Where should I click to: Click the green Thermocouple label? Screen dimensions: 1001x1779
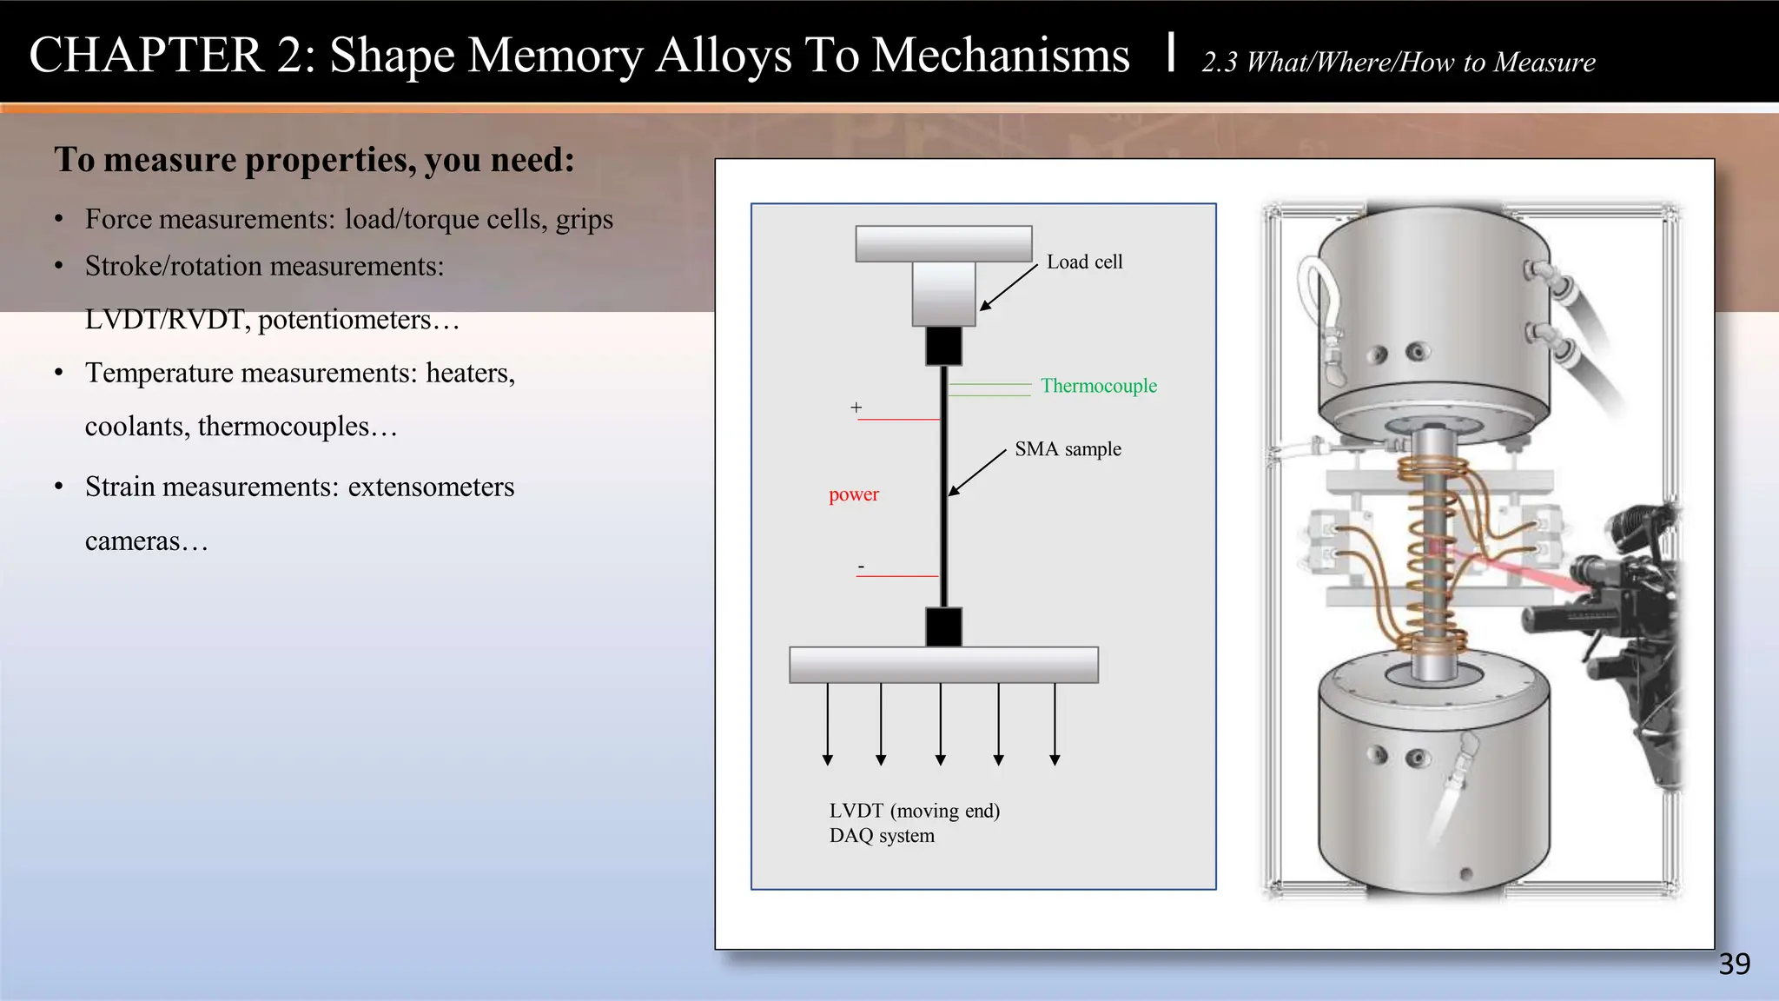click(x=1098, y=386)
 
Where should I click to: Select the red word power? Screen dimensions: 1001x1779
click(x=853, y=494)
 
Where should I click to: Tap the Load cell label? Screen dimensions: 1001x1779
click(x=1084, y=262)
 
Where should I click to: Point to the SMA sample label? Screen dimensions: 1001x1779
click(x=1068, y=449)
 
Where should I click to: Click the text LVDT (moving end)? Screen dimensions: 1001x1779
click(x=914, y=811)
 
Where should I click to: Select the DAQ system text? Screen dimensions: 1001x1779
click(x=882, y=836)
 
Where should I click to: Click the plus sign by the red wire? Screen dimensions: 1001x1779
click(x=856, y=407)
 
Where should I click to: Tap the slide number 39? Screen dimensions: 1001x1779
click(x=1734, y=965)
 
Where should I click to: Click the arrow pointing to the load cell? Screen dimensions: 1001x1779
click(x=1009, y=287)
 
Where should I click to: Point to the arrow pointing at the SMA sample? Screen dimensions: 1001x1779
click(x=976, y=474)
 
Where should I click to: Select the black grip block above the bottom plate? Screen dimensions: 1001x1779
click(x=943, y=626)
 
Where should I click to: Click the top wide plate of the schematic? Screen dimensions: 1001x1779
click(x=943, y=243)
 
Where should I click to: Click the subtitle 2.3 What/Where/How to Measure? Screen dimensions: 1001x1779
click(x=1398, y=63)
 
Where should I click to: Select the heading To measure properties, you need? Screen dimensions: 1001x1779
click(x=314, y=160)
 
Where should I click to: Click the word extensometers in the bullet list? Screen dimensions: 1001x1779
click(x=431, y=487)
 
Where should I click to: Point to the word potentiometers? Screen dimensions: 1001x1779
click(x=344, y=320)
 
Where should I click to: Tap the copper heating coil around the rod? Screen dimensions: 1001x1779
click(x=1430, y=556)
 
